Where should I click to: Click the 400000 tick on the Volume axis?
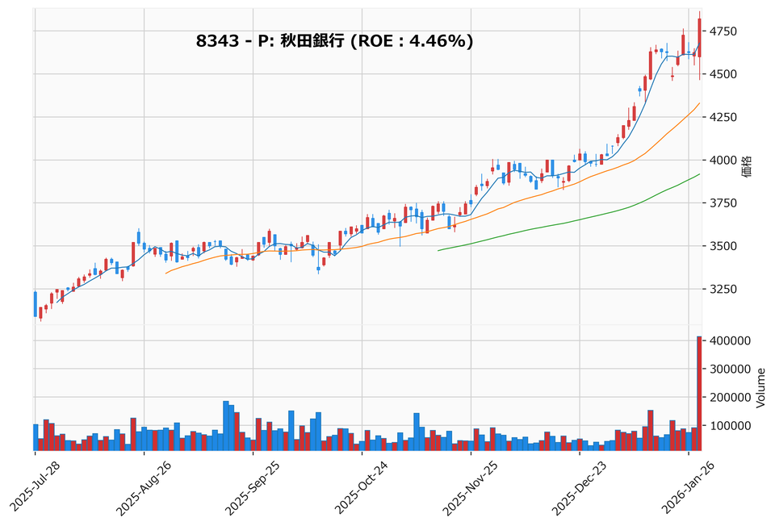[731, 341]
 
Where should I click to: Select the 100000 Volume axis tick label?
[731, 425]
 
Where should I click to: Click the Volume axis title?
[760, 387]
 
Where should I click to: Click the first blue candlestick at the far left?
[36, 304]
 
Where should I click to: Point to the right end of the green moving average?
[699, 174]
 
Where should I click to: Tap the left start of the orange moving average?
[166, 273]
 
